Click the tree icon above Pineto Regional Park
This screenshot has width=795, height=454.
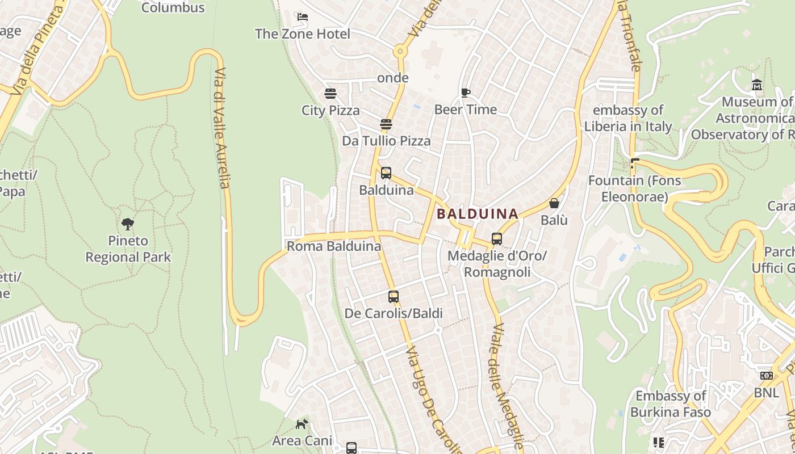(x=128, y=224)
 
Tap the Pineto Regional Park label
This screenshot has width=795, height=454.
(x=128, y=249)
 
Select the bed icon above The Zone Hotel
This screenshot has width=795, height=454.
(x=303, y=17)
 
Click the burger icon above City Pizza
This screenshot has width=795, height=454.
(x=330, y=93)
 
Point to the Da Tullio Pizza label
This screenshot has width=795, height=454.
(x=386, y=141)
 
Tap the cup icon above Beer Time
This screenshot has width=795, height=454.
(x=466, y=93)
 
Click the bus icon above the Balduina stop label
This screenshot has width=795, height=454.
(x=386, y=173)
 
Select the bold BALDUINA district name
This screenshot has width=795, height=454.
(x=478, y=214)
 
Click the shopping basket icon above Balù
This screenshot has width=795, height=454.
(x=554, y=203)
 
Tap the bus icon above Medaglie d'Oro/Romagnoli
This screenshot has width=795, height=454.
(x=497, y=239)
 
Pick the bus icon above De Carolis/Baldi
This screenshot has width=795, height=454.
(x=393, y=296)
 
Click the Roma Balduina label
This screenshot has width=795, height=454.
(x=334, y=246)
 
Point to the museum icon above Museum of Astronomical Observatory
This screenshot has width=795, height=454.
(x=756, y=85)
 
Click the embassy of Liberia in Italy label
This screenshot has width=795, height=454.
(x=628, y=118)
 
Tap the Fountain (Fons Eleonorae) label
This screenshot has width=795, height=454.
(x=634, y=188)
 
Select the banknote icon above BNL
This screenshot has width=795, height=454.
(x=767, y=376)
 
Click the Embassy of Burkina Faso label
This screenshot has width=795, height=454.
(x=671, y=403)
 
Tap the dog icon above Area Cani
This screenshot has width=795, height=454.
(x=302, y=424)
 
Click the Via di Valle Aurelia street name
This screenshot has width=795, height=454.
(x=223, y=128)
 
